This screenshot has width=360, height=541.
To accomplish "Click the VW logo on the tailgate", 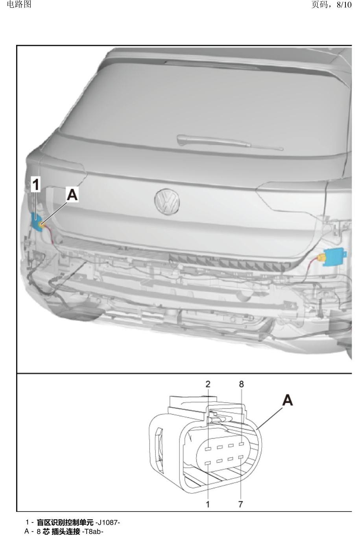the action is point(167,201).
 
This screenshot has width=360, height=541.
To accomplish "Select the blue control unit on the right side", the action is point(335,257).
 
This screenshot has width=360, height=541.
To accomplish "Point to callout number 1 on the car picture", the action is point(36,184).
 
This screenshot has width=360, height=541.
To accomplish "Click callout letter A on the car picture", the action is point(72,195).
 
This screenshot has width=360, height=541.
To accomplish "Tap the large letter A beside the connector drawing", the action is point(287,400).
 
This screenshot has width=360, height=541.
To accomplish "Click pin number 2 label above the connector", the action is point(208,384).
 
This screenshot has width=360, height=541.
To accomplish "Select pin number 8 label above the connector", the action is point(241,384).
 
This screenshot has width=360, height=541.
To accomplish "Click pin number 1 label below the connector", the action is point(207,504).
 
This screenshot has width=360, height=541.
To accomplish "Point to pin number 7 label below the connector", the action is point(240,504).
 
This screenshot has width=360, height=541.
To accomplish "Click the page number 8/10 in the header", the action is point(344,5).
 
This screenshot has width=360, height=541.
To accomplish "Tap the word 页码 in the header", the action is point(319,5).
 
